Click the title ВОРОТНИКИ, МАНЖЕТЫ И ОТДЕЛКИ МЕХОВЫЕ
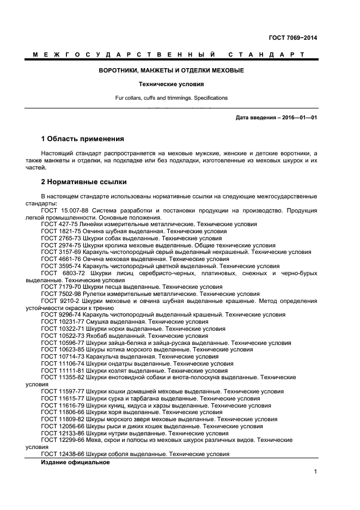171,71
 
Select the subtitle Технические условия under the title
171,85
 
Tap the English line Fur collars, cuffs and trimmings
171,98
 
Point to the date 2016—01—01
297,117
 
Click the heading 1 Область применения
82,139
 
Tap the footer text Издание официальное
75,462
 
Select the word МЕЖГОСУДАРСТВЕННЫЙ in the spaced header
123,55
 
